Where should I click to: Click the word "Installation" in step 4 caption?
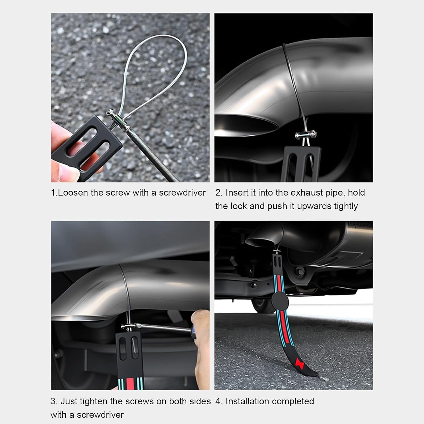[245, 401]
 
